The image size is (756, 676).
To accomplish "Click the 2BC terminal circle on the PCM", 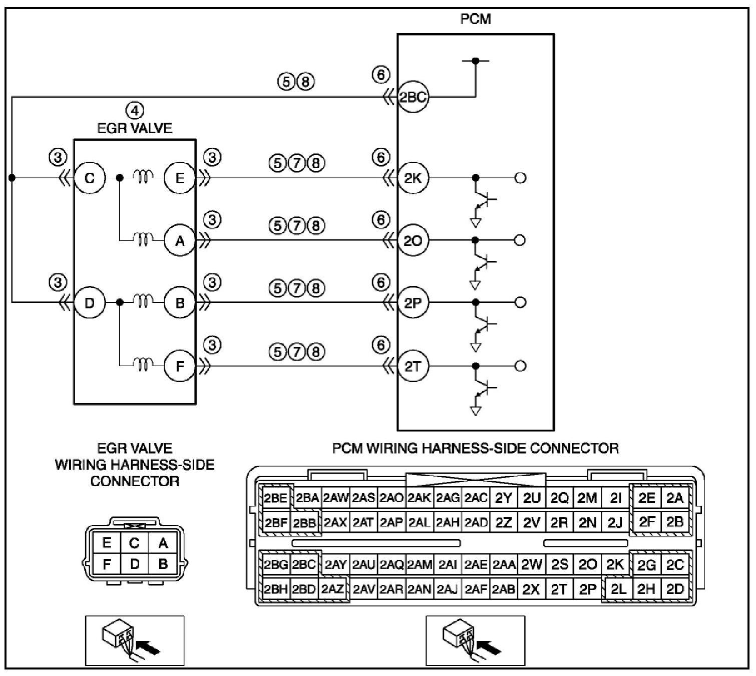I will (413, 97).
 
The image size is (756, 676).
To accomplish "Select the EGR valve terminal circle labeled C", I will (90, 178).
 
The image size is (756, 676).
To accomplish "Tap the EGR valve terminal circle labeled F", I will (180, 366).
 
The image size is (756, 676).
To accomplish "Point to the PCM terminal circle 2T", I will (413, 366).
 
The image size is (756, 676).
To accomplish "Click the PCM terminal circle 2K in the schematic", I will (413, 178).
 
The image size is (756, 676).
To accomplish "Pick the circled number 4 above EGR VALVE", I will (135, 110).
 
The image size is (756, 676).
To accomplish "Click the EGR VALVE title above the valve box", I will (135, 128).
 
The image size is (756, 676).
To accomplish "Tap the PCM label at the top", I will (475, 19).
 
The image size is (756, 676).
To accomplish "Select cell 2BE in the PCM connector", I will (275, 498).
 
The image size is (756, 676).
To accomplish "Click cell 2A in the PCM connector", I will (675, 498).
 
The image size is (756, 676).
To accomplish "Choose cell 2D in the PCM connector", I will (675, 589).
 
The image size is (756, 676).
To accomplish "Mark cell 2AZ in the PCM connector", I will (332, 589).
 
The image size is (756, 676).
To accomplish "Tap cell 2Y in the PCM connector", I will (504, 498).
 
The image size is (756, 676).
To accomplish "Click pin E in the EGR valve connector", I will (107, 543).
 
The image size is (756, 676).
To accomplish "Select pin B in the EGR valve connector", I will (163, 564).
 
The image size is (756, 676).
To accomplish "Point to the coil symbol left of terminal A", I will (144, 240).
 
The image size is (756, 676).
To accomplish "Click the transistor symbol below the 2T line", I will (484, 389).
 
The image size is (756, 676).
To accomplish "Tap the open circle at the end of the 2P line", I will (520, 302).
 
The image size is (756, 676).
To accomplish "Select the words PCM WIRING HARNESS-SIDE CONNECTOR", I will (475, 448).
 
